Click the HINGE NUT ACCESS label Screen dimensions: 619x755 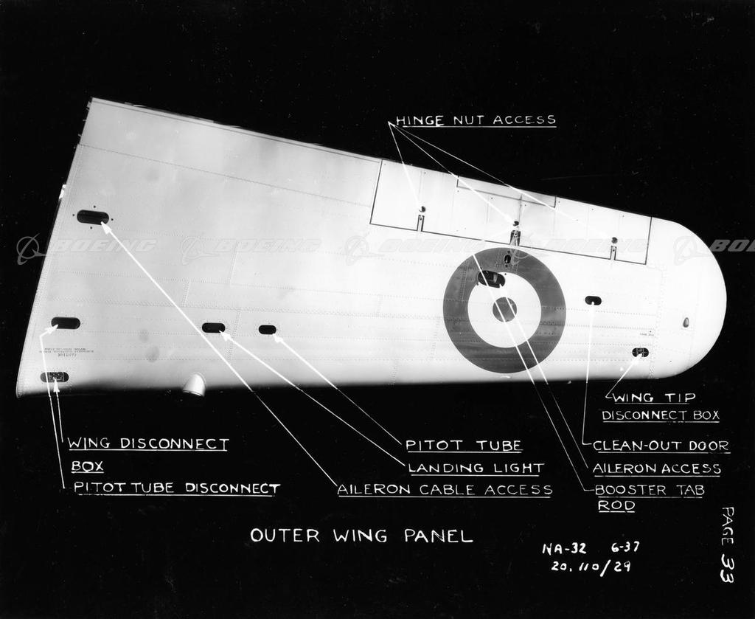tap(476, 120)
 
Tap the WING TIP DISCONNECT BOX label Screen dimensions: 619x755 tap(660, 407)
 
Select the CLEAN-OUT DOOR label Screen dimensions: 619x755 tap(661, 446)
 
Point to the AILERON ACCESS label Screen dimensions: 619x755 tap(656, 468)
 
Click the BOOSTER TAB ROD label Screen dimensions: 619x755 tap(649, 497)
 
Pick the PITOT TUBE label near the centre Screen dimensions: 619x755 tap(464, 445)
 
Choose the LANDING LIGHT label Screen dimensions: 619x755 tap(476, 468)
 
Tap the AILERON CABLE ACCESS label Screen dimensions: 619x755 tap(445, 489)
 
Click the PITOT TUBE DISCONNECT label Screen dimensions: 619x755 tap(176, 488)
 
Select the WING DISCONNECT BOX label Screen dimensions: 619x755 tap(147, 454)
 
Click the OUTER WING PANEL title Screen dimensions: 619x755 tap(361, 536)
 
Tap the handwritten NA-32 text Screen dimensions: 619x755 tap(564, 548)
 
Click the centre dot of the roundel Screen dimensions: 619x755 tap(504, 309)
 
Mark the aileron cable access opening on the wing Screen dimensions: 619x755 tap(93, 217)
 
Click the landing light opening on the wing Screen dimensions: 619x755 tap(213, 328)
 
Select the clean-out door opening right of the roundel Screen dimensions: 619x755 tap(593, 300)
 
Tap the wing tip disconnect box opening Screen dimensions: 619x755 tap(640, 353)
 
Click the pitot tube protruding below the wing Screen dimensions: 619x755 tap(195, 384)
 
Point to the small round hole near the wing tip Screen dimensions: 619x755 tap(686, 322)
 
